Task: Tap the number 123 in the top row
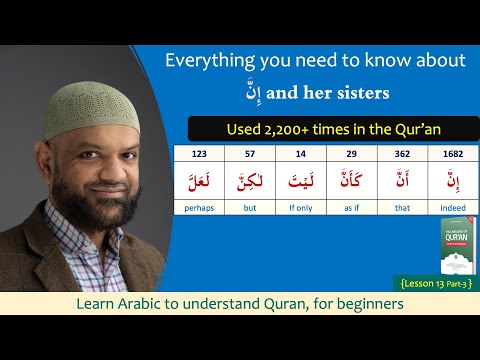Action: [x=198, y=155]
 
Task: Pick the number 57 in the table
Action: [x=249, y=155]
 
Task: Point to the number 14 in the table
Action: [x=300, y=155]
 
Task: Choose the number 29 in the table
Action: [x=350, y=155]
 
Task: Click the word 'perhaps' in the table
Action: [x=198, y=209]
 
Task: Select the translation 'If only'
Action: [x=300, y=209]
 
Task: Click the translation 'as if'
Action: [x=350, y=209]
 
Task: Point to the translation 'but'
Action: [x=249, y=209]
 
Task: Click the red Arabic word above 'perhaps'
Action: [x=198, y=181]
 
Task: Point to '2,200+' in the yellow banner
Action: [x=293, y=128]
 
